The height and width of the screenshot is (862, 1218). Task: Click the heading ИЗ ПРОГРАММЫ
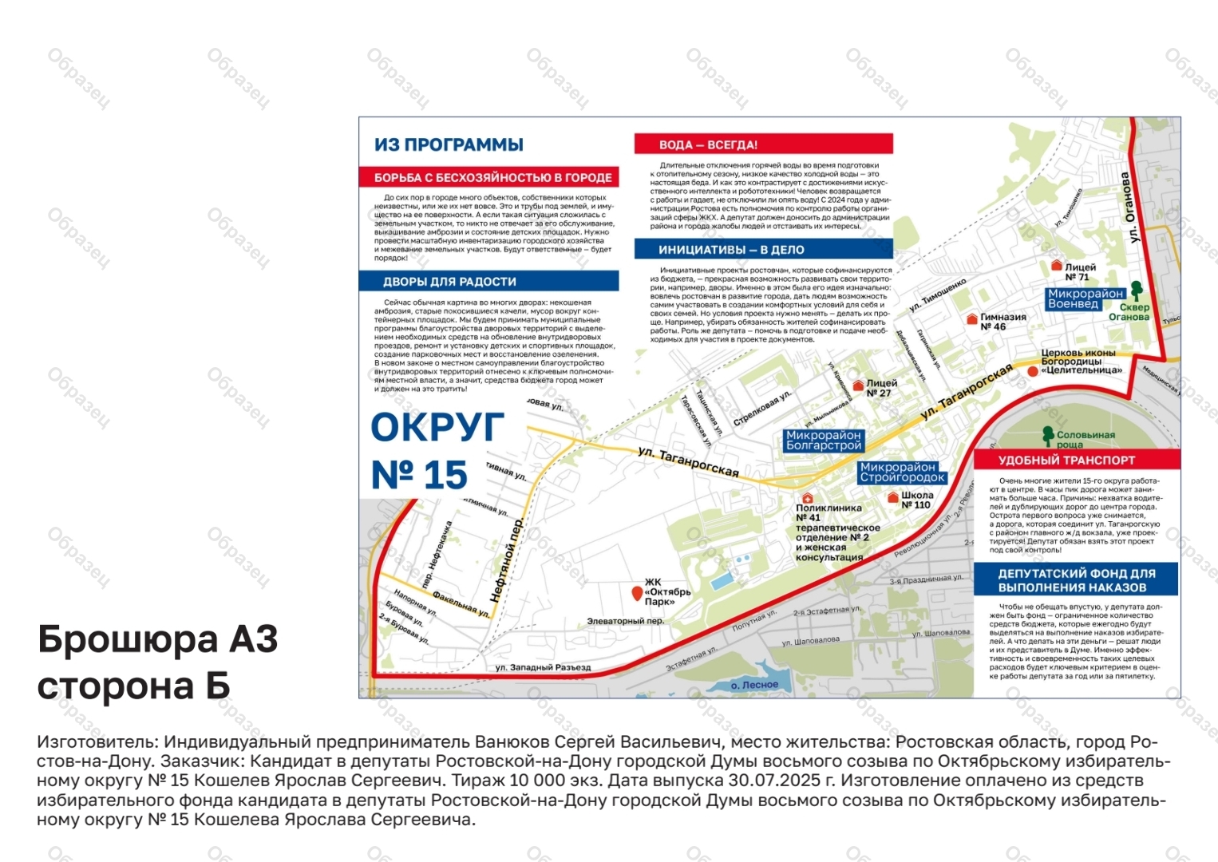pos(449,144)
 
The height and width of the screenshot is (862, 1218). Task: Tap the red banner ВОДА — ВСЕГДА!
pos(763,144)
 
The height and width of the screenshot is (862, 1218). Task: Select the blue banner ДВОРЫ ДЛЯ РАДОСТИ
pos(488,281)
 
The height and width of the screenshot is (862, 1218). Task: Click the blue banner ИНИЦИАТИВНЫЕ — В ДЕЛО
pos(763,250)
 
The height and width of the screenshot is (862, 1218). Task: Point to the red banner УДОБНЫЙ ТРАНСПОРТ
pos(1076,460)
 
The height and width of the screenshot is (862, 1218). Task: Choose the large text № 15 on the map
pos(419,476)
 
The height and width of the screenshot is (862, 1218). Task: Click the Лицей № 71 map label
pos(1080,272)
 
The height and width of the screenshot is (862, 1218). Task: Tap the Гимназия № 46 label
pos(1002,322)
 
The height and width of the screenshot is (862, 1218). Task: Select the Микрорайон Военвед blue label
pos(1085,299)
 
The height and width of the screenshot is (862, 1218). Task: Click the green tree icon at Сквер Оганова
pos(1137,289)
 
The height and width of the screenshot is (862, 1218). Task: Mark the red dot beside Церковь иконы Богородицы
pos(1034,371)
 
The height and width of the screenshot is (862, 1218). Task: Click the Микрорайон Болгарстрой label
pos(823,441)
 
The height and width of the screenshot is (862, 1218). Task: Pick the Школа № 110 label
pos(915,500)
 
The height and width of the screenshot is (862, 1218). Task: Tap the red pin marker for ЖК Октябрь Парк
pos(636,593)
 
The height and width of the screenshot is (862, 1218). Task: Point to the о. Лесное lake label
pos(754,685)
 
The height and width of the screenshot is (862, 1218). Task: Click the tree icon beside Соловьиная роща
pos(1048,435)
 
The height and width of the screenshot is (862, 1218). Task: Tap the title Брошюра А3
pos(158,639)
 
